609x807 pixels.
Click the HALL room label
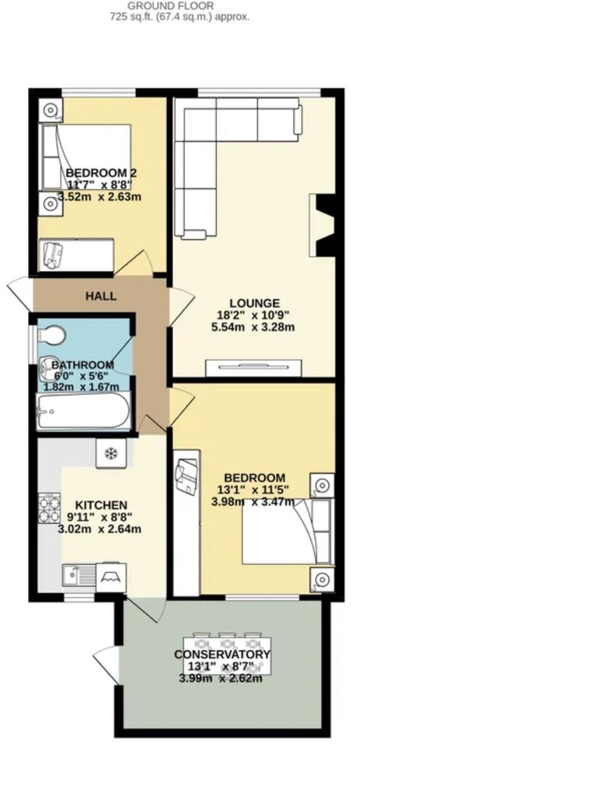(101, 296)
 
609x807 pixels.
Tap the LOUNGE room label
(254, 303)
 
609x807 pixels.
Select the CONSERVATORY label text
(222, 655)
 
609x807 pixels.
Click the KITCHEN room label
(101, 505)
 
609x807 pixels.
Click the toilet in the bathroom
(51, 336)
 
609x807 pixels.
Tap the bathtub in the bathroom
(82, 411)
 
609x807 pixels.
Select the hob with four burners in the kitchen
(50, 509)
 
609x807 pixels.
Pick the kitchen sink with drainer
(78, 576)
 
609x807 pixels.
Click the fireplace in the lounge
(323, 225)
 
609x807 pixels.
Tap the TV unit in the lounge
(254, 367)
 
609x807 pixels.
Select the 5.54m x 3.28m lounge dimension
(252, 327)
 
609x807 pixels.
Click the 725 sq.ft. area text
(179, 17)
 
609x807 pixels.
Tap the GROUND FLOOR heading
(171, 6)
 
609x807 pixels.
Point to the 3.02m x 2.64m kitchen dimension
(99, 530)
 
